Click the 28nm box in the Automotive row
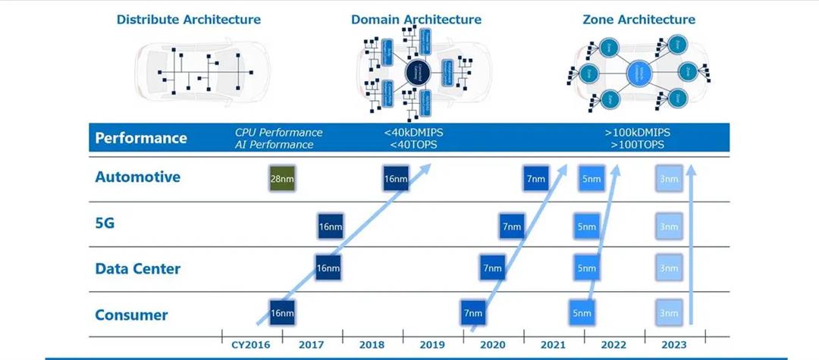(x=282, y=179)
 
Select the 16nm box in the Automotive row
(x=396, y=179)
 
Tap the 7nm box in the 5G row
(x=512, y=226)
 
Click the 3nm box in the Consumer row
(x=669, y=312)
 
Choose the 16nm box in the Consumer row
(x=282, y=312)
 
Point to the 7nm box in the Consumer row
(x=473, y=312)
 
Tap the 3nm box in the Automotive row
(x=669, y=179)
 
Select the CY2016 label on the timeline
(x=251, y=345)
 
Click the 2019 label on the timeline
(x=432, y=345)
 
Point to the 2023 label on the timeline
(x=674, y=345)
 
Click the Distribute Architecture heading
(x=189, y=19)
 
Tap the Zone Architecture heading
(x=639, y=19)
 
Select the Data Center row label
(x=138, y=269)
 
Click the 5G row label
(x=105, y=224)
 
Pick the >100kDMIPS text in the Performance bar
(x=637, y=133)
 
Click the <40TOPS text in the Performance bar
(x=413, y=145)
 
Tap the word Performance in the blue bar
(x=141, y=138)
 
